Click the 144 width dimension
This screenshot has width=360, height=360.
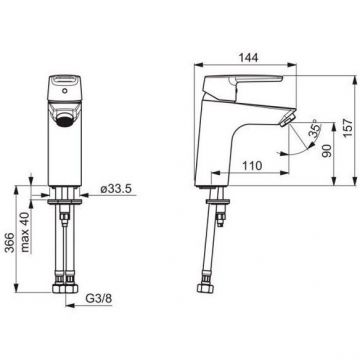[x=248, y=57]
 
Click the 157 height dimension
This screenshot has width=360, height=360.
[x=347, y=128]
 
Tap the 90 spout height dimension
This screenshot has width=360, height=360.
[x=327, y=151]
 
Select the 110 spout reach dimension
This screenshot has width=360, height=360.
[x=252, y=165]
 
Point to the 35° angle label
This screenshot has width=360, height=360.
[x=315, y=128]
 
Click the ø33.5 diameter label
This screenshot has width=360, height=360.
[x=116, y=189]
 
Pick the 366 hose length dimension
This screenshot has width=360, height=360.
[x=11, y=243]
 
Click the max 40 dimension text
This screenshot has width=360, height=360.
[x=26, y=232]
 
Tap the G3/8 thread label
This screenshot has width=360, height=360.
[x=99, y=299]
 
